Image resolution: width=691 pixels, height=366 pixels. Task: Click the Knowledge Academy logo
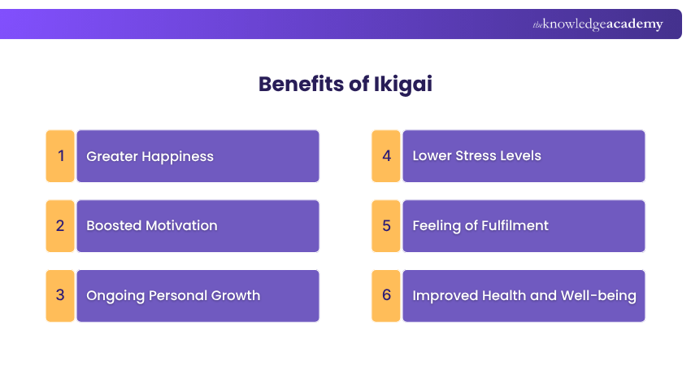(598, 24)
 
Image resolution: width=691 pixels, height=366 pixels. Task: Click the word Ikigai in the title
(407, 84)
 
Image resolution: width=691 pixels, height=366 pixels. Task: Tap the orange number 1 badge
(60, 156)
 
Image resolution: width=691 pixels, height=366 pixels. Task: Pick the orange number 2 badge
(60, 225)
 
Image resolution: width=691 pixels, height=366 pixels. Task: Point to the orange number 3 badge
(60, 295)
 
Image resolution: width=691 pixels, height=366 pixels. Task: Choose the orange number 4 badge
(386, 155)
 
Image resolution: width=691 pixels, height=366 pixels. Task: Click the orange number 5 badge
(386, 225)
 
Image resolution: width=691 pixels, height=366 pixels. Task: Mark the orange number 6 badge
(386, 295)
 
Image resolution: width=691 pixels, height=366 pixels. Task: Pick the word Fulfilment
(515, 225)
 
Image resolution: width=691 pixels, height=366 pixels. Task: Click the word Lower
(432, 155)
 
